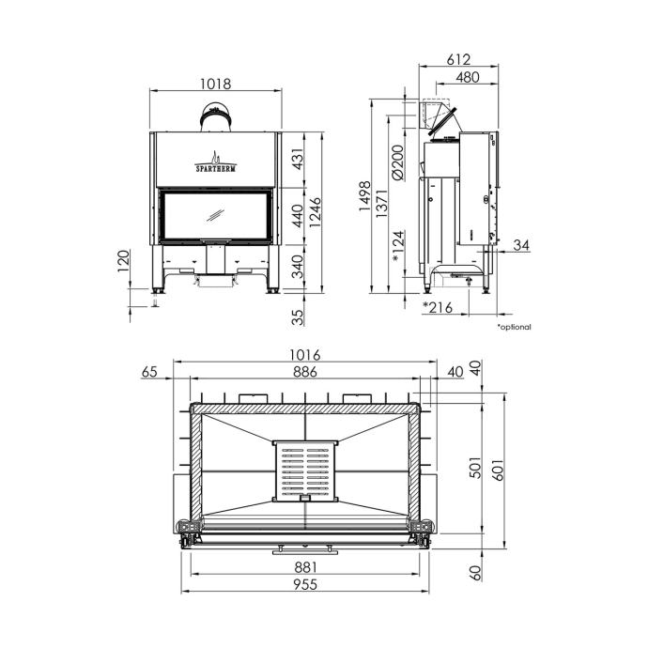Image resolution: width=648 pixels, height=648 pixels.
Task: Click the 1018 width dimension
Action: (x=215, y=85)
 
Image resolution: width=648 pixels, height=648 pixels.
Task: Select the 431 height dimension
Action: (x=298, y=159)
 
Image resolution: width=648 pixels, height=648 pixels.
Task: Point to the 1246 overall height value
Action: (x=315, y=212)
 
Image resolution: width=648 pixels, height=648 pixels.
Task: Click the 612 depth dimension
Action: (x=458, y=60)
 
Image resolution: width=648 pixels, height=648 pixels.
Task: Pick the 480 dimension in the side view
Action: (x=468, y=77)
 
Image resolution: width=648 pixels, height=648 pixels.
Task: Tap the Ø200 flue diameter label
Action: (x=397, y=162)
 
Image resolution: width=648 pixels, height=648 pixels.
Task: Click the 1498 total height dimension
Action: (x=365, y=196)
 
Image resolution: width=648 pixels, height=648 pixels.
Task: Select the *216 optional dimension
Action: (x=438, y=307)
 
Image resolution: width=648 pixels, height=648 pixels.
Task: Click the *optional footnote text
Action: (x=514, y=327)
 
